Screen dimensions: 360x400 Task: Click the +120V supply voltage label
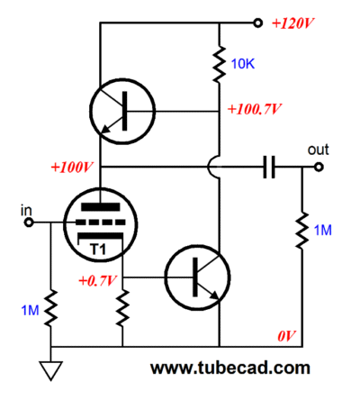tap(292, 23)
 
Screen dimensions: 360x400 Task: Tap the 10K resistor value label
tap(243, 64)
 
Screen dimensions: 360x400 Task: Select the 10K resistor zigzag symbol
tap(220, 64)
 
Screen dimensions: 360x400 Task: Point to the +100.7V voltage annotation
tap(255, 109)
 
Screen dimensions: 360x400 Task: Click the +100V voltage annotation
tap(72, 168)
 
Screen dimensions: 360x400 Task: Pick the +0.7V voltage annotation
tap(97, 281)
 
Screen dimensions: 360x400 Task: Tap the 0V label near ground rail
tap(286, 336)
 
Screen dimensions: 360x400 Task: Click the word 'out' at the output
tap(318, 150)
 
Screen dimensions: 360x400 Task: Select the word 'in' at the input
tap(26, 211)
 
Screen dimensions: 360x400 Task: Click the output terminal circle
tap(319, 167)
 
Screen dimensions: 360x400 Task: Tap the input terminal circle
tap(29, 223)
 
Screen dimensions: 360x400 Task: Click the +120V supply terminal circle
tap(257, 23)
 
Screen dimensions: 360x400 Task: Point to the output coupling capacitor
tap(269, 167)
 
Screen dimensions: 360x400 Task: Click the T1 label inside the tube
tap(98, 250)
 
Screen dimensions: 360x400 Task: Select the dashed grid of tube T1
tap(100, 223)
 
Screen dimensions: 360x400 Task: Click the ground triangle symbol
tap(50, 370)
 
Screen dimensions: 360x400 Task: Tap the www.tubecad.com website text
tap(230, 368)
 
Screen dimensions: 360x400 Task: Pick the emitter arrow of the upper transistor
tap(107, 128)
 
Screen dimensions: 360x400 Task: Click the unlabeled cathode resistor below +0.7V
tap(122, 308)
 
